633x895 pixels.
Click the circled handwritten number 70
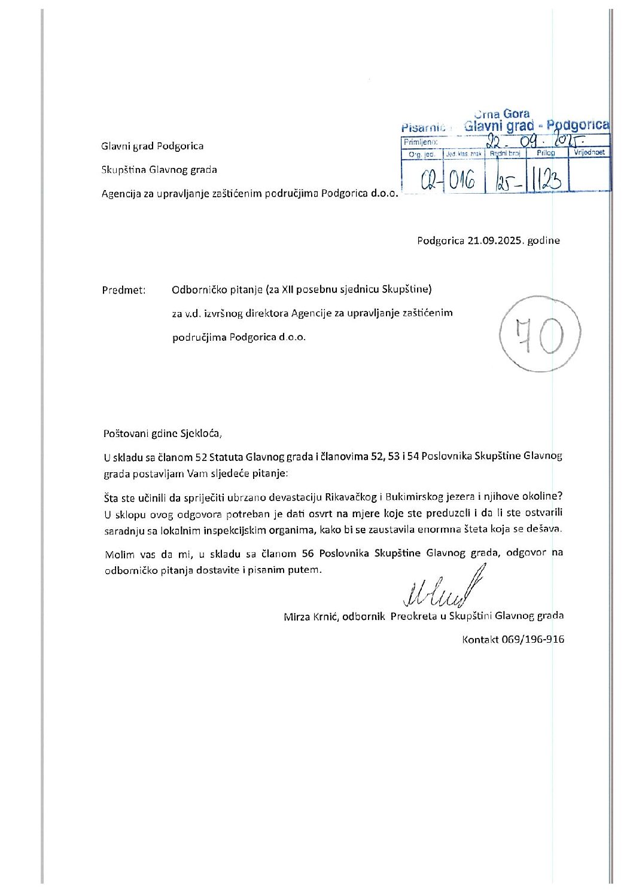[540, 335]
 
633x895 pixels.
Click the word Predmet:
[124, 290]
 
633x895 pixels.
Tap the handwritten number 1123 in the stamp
[546, 179]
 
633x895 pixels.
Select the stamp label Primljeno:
[421, 142]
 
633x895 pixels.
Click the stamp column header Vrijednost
[589, 152]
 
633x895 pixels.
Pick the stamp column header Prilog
[546, 153]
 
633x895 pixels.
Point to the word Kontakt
[480, 639]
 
